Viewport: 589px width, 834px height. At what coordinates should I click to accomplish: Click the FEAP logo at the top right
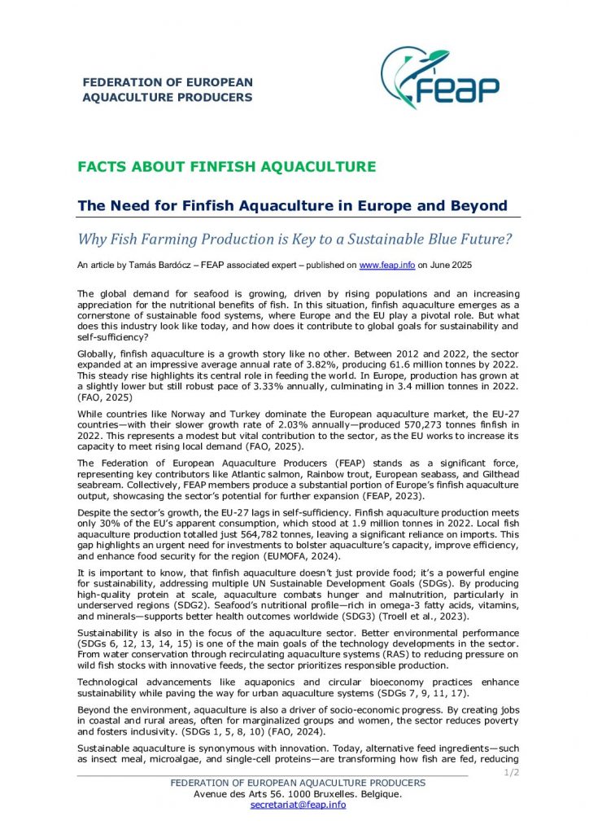(439, 80)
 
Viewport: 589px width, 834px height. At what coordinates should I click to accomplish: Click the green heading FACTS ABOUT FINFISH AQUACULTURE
(226, 167)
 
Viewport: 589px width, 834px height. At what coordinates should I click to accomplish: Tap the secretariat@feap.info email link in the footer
(298, 805)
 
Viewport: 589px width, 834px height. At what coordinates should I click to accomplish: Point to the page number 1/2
(512, 771)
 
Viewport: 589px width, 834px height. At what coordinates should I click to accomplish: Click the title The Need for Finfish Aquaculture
(292, 205)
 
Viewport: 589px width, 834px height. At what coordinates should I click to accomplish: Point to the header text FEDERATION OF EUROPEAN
(168, 82)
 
